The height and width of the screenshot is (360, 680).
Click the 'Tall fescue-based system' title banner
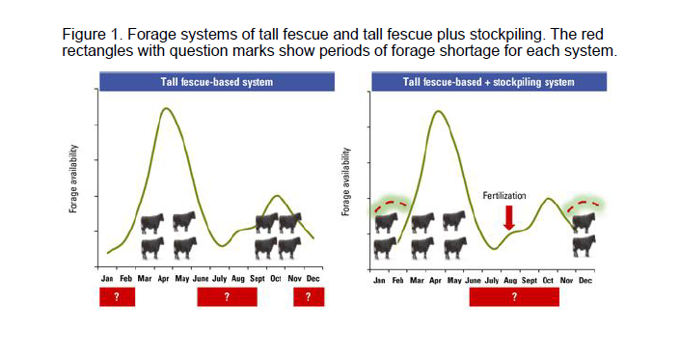coord(216,82)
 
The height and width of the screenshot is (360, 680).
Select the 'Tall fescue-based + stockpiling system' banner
coord(487,82)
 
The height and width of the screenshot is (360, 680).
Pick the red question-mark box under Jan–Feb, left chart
coord(117,297)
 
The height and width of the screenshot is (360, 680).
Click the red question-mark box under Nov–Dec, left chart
coord(308,297)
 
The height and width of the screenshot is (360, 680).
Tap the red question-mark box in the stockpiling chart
coord(514,297)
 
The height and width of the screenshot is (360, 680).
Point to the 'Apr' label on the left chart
coord(163,278)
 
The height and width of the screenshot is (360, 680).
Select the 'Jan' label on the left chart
coord(107,278)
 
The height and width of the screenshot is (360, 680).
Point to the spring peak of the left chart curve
coord(166,108)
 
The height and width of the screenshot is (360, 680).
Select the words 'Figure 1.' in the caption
coord(90,35)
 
